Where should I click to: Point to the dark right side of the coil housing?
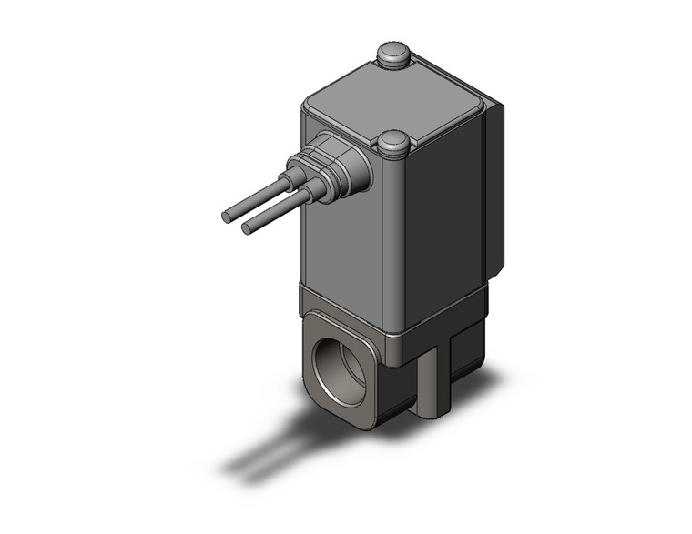tap(437, 209)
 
